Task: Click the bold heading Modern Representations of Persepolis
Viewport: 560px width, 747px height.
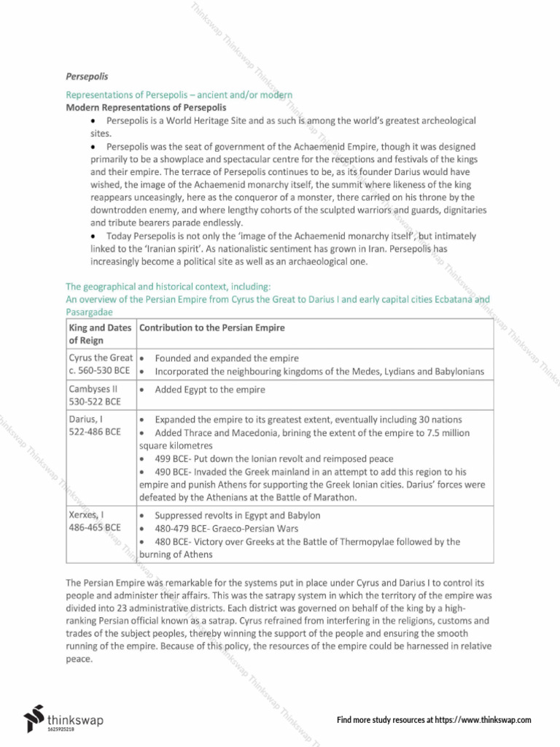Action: click(x=146, y=107)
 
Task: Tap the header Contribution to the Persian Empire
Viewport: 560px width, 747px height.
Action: click(x=212, y=328)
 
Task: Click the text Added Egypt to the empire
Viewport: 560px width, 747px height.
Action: click(x=210, y=390)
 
